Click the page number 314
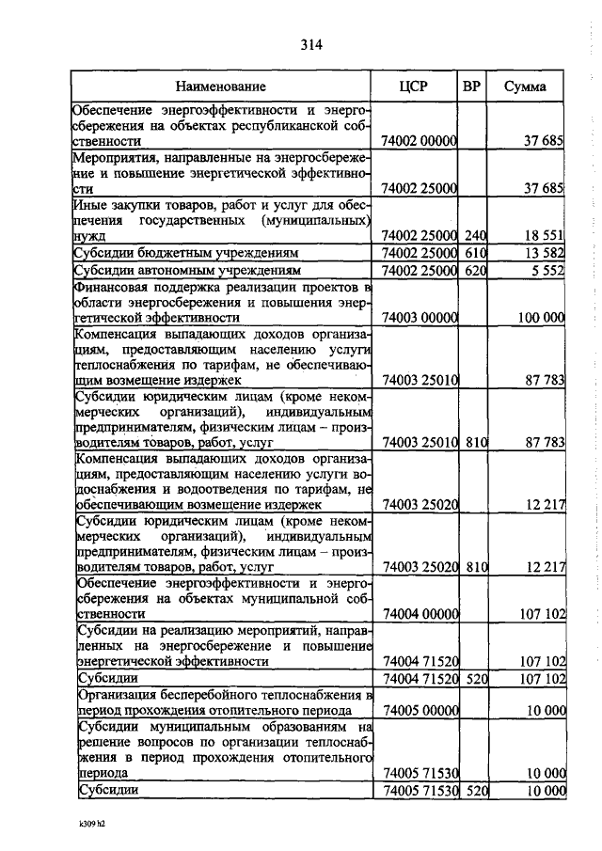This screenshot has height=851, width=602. click(x=313, y=44)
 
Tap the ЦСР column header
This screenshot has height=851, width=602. click(x=414, y=87)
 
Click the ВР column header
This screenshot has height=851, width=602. click(x=473, y=87)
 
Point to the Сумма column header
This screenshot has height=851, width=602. click(x=527, y=87)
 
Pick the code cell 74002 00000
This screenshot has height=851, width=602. click(x=419, y=141)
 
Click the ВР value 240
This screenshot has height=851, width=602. click(x=475, y=235)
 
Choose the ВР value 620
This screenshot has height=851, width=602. click(x=475, y=271)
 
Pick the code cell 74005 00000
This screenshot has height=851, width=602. click(x=419, y=711)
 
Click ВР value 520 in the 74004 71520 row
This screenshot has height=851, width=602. click(x=476, y=678)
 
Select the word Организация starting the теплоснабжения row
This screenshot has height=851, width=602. click(x=117, y=694)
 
